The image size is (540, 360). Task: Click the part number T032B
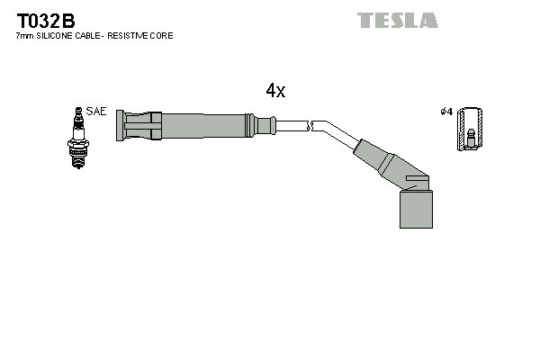point(46,20)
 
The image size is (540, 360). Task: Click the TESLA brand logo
point(397,20)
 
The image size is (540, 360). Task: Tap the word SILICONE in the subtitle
point(58,36)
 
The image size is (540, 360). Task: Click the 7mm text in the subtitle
point(24,36)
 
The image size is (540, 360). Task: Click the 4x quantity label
point(275,90)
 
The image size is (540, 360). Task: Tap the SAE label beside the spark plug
point(97,112)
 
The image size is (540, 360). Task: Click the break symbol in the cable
point(309,125)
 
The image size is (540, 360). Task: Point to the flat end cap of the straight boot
point(120,125)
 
